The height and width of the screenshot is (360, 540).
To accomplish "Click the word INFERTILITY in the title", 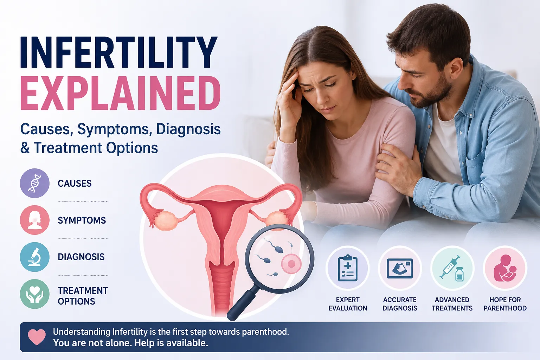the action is [x=119, y=52].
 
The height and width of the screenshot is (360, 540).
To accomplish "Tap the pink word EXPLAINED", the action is [x=120, y=93].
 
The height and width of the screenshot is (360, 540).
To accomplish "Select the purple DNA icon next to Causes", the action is [x=35, y=183].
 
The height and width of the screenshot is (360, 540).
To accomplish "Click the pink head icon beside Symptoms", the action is [x=35, y=220].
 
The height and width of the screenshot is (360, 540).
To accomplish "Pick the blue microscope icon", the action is [x=35, y=257].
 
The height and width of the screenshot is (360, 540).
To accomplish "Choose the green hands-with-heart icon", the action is [x=35, y=294].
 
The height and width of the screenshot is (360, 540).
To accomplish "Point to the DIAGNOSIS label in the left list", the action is [x=81, y=257].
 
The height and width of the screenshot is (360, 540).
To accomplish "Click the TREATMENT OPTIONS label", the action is [x=83, y=296].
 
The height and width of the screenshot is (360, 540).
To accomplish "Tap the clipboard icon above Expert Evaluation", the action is [x=348, y=268].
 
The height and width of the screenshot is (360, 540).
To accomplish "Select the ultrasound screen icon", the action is [x=400, y=268].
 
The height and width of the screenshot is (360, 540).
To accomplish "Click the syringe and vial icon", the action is [x=452, y=268].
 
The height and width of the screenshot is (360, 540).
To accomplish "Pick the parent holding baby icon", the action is [x=505, y=268].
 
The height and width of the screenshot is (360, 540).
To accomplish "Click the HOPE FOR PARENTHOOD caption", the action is [x=505, y=304].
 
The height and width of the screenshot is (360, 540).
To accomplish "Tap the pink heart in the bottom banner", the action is [x=37, y=337].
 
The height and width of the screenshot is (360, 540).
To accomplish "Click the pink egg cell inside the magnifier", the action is [x=291, y=264].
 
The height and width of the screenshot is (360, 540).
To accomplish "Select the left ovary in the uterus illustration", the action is [x=166, y=221].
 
